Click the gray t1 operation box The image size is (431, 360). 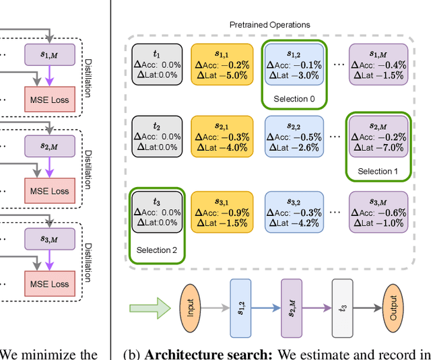click(x=158, y=64)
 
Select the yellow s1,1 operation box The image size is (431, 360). click(x=220, y=64)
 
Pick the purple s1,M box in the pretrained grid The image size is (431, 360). click(x=378, y=64)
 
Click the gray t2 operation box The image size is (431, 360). click(x=158, y=137)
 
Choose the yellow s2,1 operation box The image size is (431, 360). click(x=220, y=137)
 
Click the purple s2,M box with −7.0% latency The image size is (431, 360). click(x=378, y=137)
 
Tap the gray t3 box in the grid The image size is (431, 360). click(x=158, y=211)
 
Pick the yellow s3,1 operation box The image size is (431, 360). click(x=220, y=211)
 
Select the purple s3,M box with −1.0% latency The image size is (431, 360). click(x=378, y=211)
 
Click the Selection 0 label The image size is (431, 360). click(x=293, y=99)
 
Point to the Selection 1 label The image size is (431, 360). click(x=378, y=172)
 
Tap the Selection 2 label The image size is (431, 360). click(x=157, y=250)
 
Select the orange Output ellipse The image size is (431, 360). click(x=391, y=309)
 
